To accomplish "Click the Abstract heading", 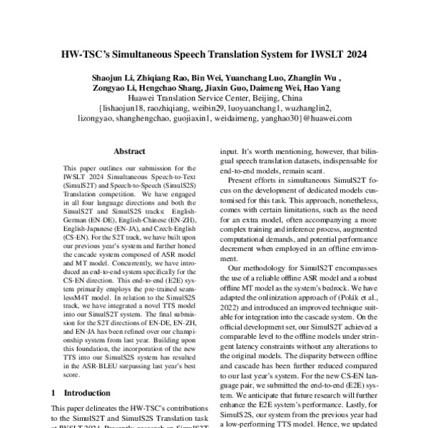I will [x=131, y=151].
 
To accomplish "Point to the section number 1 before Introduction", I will [x=55, y=392].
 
